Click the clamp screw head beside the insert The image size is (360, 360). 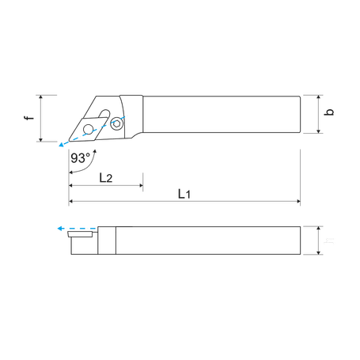click(117, 123)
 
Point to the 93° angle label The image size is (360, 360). click(78, 157)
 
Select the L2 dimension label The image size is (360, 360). click(105, 179)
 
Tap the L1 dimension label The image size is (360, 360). click(184, 194)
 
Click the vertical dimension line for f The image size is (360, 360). click(41, 119)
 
